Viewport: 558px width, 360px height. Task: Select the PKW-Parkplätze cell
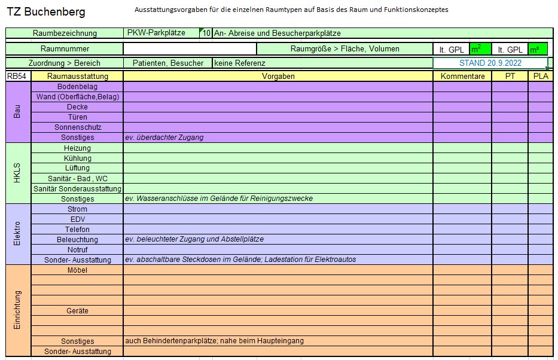tap(157, 33)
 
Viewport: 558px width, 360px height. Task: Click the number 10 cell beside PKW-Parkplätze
tap(206, 33)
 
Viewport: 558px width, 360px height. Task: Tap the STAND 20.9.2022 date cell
tap(490, 63)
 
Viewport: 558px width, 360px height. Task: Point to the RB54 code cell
tap(18, 77)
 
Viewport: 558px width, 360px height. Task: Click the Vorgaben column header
tap(278, 77)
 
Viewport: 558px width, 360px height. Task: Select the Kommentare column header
tap(462, 77)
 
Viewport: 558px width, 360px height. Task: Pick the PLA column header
tap(539, 77)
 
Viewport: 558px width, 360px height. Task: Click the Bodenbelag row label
tap(77, 87)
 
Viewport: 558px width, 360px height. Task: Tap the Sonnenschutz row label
tap(77, 127)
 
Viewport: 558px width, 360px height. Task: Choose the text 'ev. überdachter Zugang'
tap(164, 138)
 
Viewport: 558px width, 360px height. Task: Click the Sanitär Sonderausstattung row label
tap(77, 189)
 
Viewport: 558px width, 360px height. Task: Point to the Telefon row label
tap(77, 230)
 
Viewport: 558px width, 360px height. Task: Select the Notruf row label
tap(77, 250)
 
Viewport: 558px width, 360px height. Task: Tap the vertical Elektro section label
tap(18, 234)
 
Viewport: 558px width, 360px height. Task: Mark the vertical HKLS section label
tap(18, 173)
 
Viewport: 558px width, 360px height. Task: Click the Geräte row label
tap(77, 311)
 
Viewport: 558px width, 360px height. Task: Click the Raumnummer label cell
tap(65, 48)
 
